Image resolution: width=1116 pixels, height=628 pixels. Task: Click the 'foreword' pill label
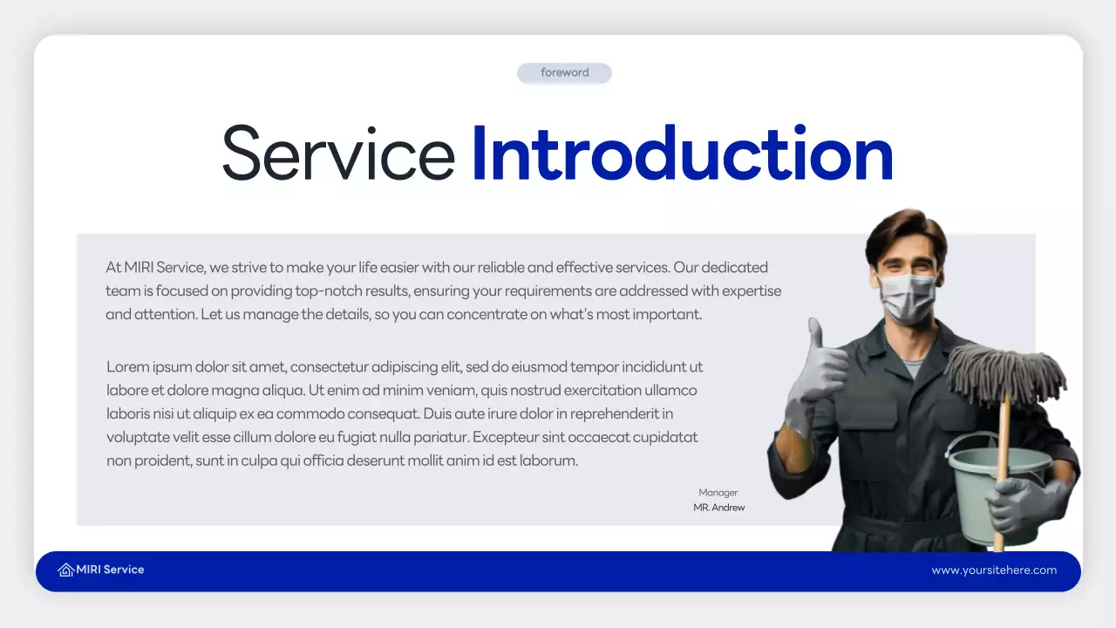click(564, 73)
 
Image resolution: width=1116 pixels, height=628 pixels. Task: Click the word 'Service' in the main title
click(338, 154)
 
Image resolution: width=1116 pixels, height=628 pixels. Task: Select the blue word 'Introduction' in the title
click(682, 154)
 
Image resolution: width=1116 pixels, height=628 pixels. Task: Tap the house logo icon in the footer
click(65, 570)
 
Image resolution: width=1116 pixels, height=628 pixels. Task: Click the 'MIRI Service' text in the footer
click(110, 570)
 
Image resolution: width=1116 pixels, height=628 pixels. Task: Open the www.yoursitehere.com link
click(994, 570)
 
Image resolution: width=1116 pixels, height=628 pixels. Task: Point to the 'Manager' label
click(718, 493)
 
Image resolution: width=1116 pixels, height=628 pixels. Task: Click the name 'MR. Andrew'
click(719, 508)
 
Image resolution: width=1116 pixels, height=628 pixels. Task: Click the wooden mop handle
click(1003, 436)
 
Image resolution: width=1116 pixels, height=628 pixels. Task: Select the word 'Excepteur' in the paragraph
click(505, 437)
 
